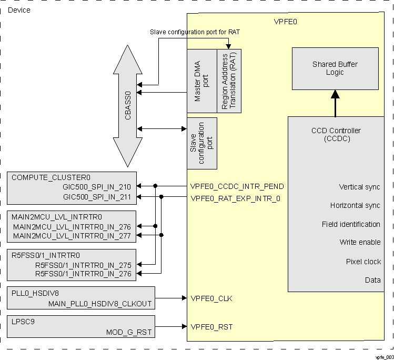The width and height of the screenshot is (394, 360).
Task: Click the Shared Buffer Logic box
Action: pos(335,68)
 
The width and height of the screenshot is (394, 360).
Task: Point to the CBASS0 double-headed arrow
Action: pos(128,105)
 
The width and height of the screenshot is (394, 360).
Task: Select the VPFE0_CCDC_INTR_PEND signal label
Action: pos(237,186)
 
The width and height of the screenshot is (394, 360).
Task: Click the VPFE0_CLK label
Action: pos(211,298)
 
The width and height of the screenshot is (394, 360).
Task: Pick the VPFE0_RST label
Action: pos(211,327)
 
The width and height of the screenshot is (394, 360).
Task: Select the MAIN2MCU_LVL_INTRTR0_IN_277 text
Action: pos(72,235)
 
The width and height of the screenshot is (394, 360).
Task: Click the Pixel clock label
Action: pos(363,262)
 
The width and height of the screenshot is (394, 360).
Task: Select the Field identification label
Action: pos(351,224)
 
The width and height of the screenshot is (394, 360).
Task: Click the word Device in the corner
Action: pos(19,10)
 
